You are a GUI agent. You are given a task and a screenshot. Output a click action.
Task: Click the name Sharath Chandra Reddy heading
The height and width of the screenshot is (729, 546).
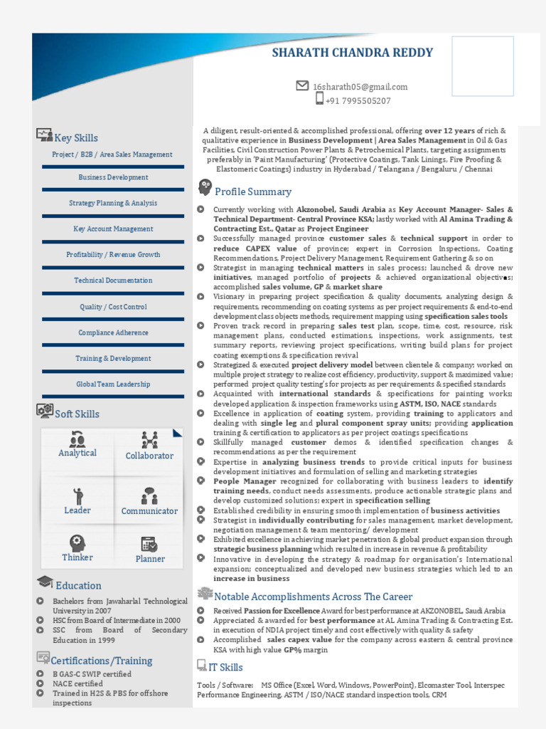[353, 53]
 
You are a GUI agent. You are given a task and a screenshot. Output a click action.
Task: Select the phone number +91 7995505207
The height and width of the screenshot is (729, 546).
[358, 101]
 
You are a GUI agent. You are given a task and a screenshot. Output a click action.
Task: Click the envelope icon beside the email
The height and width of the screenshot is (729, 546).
[302, 85]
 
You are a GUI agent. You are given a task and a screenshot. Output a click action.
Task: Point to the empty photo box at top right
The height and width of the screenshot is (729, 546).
[483, 66]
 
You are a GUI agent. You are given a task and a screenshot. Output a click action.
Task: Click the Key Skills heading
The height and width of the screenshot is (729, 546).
[76, 138]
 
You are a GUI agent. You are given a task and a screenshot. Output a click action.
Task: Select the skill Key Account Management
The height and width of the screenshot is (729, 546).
[113, 229]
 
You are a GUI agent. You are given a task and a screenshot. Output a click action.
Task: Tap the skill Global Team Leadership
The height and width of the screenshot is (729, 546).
[113, 384]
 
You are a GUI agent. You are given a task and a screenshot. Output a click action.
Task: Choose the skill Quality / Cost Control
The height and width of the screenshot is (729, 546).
[113, 307]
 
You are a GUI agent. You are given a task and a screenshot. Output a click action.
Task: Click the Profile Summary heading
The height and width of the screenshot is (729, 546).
[253, 192]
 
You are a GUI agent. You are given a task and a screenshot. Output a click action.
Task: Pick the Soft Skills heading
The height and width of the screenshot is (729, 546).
[77, 414]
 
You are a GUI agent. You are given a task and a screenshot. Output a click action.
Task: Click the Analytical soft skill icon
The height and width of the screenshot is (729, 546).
[77, 439]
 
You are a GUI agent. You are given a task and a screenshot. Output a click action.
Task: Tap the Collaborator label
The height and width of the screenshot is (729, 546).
[149, 456]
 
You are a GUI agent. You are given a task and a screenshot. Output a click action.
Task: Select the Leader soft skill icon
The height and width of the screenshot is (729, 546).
[77, 495]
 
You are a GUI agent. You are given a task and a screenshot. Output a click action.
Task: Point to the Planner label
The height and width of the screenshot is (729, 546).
[150, 559]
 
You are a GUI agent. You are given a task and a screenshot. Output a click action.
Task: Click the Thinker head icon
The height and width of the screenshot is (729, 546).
[77, 543]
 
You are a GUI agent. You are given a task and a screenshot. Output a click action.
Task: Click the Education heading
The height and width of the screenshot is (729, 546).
[78, 585]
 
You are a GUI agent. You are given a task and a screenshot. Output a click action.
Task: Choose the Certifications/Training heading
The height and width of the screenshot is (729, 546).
[102, 661]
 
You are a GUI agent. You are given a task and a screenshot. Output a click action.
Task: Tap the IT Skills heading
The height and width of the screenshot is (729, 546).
[225, 667]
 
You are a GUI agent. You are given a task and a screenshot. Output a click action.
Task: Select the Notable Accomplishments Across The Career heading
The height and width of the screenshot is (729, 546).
[313, 597]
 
